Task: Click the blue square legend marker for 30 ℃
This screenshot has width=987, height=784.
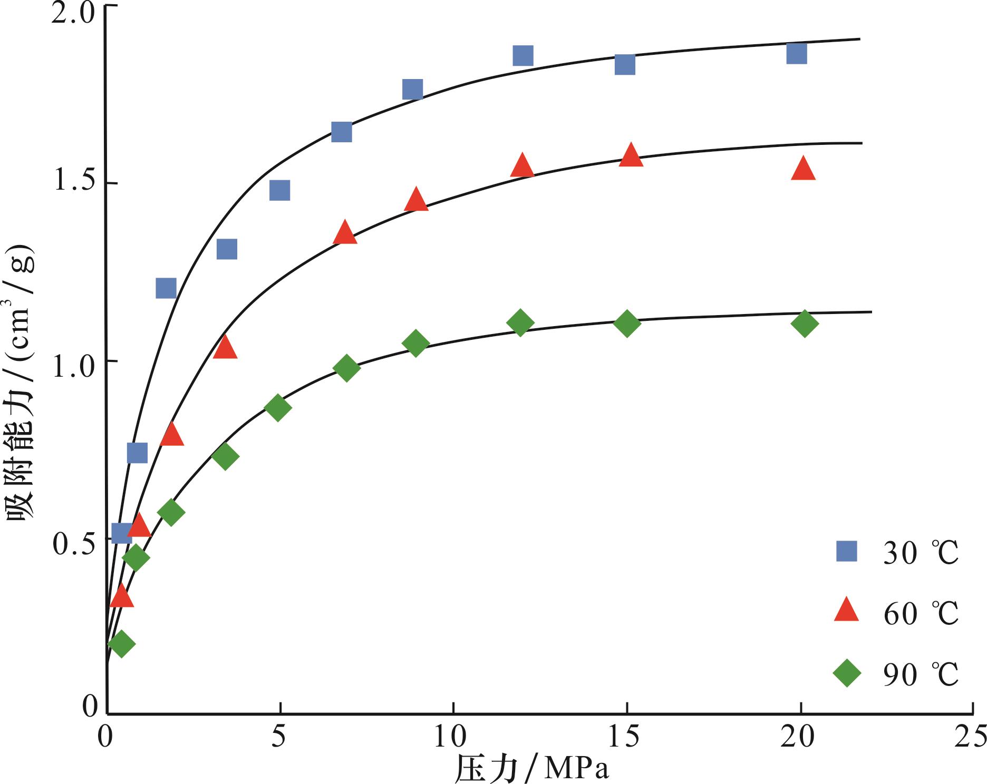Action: [x=846, y=552]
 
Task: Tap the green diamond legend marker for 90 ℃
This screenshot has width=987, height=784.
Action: [x=846, y=673]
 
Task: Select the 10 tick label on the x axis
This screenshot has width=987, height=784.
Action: [x=452, y=737]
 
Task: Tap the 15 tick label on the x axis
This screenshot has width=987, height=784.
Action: [x=626, y=737]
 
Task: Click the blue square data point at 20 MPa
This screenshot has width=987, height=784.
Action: [x=796, y=53]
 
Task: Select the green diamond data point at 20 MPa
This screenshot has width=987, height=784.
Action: [x=805, y=323]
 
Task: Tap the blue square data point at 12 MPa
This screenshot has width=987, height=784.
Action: [x=522, y=55]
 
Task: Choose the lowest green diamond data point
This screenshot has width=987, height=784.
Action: [x=121, y=643]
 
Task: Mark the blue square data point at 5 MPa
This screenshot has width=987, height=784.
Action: [x=279, y=190]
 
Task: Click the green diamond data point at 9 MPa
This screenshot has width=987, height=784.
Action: [x=415, y=344]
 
